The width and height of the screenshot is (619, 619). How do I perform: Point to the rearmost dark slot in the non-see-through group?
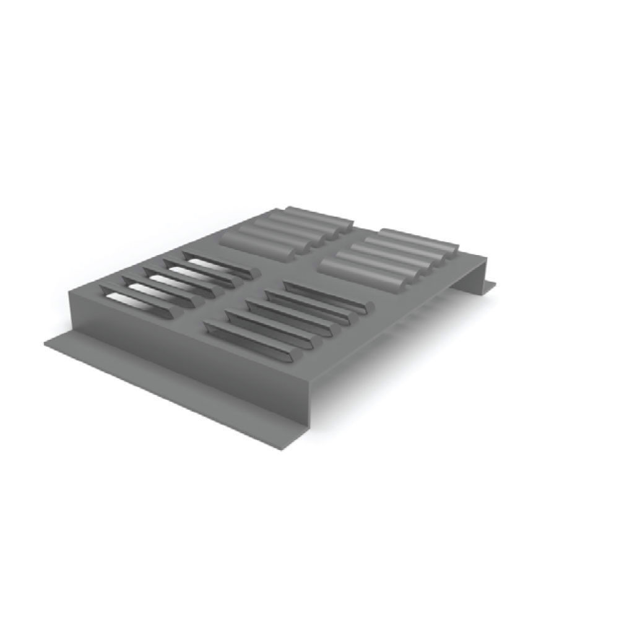[325, 296]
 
